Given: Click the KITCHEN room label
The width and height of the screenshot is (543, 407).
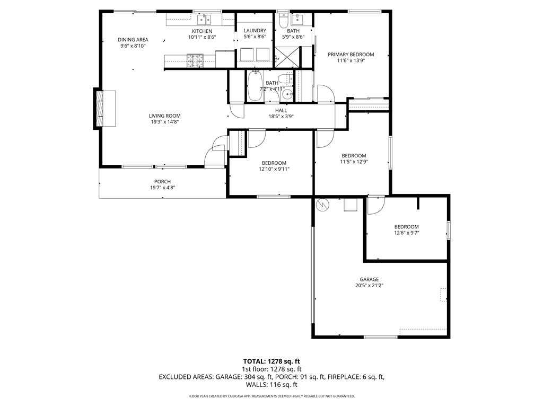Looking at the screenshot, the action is tap(202, 31).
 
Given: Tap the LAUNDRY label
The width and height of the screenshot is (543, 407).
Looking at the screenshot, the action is tap(255, 30).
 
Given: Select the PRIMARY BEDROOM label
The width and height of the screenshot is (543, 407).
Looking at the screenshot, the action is tap(351, 55).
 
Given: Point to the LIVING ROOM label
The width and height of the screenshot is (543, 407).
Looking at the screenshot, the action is tap(165, 116).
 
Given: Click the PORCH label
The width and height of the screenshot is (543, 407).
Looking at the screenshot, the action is tap(162, 182).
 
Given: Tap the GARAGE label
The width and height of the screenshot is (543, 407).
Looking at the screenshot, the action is tap(369, 279).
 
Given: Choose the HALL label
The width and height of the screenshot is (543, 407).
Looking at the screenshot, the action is tap(281, 110).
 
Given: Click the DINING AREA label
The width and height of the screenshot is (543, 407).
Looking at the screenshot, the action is tap(133, 39).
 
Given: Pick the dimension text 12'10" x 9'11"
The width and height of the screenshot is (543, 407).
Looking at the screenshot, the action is tap(274, 169).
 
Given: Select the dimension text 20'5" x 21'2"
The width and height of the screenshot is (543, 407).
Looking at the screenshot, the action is tap(369, 286).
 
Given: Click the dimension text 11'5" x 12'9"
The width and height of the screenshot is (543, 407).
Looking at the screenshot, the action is tap(354, 162).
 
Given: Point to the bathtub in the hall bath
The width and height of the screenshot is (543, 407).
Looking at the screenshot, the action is tap(255, 86).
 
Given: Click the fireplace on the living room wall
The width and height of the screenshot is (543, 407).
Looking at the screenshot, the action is tap(104, 109).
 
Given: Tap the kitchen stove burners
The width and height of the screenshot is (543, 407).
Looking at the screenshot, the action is tap(196, 60).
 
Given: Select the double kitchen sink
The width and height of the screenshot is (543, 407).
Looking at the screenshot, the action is tap(204, 20).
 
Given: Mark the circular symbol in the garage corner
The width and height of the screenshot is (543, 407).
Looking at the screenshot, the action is tap(323, 205).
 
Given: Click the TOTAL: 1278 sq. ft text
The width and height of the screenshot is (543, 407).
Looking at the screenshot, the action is tap(271, 362).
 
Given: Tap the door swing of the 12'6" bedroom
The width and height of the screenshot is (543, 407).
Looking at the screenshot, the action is tap(376, 206).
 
